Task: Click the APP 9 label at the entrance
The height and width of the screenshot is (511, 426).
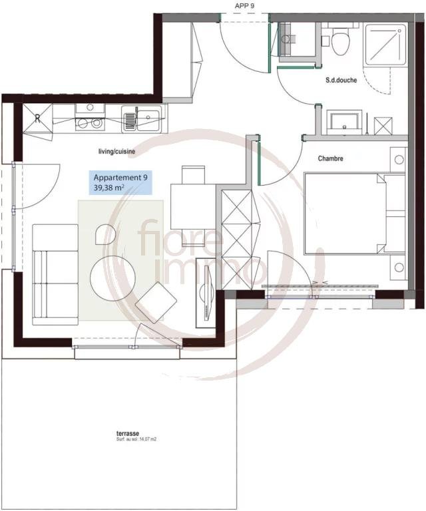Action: (245, 6)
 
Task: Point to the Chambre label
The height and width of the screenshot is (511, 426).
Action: (330, 158)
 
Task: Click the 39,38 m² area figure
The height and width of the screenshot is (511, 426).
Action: (110, 188)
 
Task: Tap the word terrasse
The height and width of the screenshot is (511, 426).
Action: (126, 433)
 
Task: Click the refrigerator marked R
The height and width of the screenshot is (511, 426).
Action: (37, 118)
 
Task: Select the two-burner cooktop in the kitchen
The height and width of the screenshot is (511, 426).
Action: (89, 123)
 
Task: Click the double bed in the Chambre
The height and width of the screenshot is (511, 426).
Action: (346, 214)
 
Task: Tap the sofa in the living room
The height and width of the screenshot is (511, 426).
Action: (55, 273)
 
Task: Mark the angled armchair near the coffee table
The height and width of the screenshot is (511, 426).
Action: (156, 303)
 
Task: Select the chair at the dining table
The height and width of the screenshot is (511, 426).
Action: (193, 174)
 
